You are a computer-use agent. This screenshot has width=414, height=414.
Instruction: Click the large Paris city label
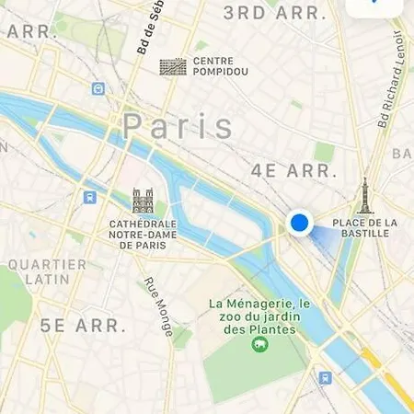[178, 125]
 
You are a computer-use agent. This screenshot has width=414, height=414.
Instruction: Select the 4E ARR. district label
[289, 171]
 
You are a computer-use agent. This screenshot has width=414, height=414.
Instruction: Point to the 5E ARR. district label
[81, 324]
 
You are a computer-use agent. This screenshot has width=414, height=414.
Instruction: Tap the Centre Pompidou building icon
[173, 67]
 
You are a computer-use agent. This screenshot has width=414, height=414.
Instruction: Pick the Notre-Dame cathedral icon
[143, 201]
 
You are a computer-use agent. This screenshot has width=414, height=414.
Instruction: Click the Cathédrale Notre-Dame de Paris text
[143, 235]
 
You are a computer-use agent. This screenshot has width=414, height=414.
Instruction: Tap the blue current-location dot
[299, 223]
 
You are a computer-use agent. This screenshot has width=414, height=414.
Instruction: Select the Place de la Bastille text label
[364, 227]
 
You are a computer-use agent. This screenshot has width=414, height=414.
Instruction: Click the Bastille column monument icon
[365, 196]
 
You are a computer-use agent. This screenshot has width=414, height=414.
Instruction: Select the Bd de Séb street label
[147, 28]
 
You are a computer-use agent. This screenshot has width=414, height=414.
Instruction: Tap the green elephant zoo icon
[259, 345]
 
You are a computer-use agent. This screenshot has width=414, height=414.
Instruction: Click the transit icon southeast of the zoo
[325, 377]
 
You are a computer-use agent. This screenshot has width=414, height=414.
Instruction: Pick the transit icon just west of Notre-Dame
[89, 196]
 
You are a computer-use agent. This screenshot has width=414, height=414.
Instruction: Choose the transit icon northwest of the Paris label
[98, 88]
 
